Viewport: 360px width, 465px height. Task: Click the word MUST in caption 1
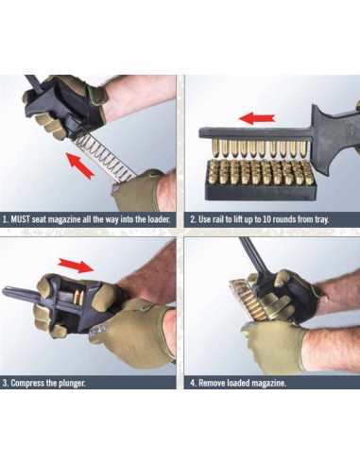pos(26,218)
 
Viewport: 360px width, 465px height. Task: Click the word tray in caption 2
pos(337,218)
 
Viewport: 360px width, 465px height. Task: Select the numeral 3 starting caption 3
pos(6,383)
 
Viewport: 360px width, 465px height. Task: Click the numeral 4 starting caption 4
pos(191,383)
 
